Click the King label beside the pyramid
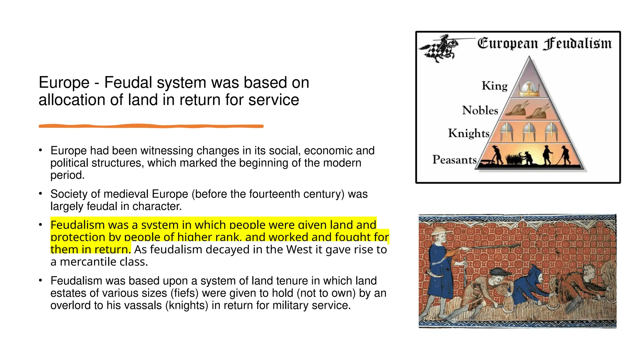[494, 86]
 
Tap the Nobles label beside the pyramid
[480, 110]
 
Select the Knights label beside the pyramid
[469, 133]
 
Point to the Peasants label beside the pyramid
[454, 160]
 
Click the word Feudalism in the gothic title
[577, 44]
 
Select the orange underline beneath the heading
[151, 126]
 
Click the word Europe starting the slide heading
[64, 83]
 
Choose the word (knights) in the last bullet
[187, 305]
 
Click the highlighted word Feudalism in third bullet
[73, 225]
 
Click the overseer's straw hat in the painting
[440, 231]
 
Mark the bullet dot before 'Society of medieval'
[40, 194]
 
